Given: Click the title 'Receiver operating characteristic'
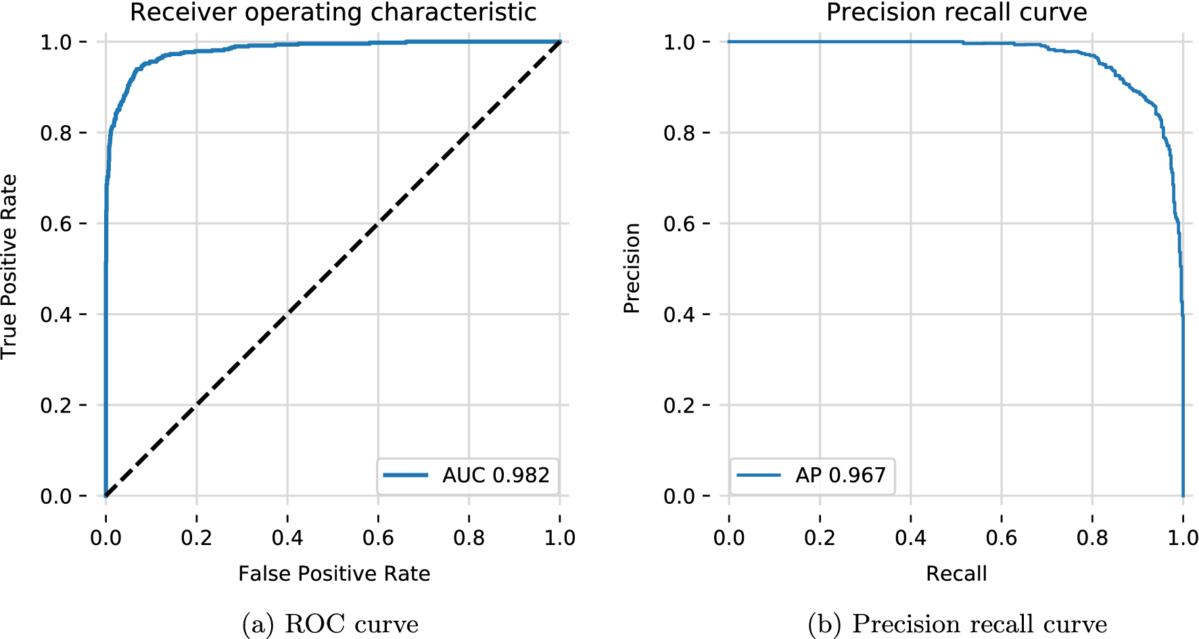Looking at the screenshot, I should click(333, 13).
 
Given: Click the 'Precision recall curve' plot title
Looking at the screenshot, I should click(956, 13).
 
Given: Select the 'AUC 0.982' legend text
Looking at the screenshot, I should click(496, 475).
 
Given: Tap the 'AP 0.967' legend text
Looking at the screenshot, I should click(840, 475).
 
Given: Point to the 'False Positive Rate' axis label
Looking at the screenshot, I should click(334, 574).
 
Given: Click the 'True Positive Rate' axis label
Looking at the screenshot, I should click(9, 267).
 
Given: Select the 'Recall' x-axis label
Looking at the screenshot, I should click(956, 574).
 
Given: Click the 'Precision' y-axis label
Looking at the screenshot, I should click(632, 268).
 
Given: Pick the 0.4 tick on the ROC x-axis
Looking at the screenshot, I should click(287, 538).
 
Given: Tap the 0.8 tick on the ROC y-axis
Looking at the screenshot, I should click(56, 133).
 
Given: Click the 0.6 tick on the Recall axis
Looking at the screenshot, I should click(1002, 538).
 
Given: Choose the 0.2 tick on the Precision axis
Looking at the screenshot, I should click(680, 406).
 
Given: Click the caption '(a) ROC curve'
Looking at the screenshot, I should click(330, 623).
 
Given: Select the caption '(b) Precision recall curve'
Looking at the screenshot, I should click(957, 623).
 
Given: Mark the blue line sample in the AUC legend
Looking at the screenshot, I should click(406, 475).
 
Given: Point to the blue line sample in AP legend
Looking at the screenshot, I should click(759, 475).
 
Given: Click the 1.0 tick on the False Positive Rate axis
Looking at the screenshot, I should click(560, 538).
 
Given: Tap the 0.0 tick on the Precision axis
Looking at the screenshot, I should click(680, 496).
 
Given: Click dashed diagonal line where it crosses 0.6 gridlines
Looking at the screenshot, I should click(378, 224).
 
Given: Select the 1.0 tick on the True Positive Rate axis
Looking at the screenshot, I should click(56, 43).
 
